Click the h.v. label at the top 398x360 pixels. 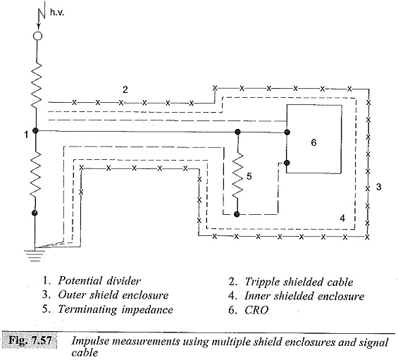pos(57,13)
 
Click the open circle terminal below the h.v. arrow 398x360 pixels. pos(38,35)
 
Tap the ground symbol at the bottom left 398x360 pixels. pos(35,256)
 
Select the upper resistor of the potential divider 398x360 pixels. pos(37,85)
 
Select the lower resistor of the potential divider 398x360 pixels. pos(35,174)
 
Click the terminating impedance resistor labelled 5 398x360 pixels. pos(237,175)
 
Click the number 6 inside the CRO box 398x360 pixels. pos(313,142)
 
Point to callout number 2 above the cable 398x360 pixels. pos(125,89)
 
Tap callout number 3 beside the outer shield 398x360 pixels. pos(378,187)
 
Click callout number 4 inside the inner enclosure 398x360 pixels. pos(342,218)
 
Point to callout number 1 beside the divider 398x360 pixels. pos(26,135)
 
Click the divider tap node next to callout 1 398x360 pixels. pos(35,131)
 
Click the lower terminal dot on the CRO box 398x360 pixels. pos(287,163)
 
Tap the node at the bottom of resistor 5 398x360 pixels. pos(237,214)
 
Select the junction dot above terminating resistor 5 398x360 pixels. pos(237,132)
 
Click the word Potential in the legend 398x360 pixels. pos(80,281)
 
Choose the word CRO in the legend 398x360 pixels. pos(256,310)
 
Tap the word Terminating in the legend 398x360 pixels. pos(88,309)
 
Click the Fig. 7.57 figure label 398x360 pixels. pos(30,340)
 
